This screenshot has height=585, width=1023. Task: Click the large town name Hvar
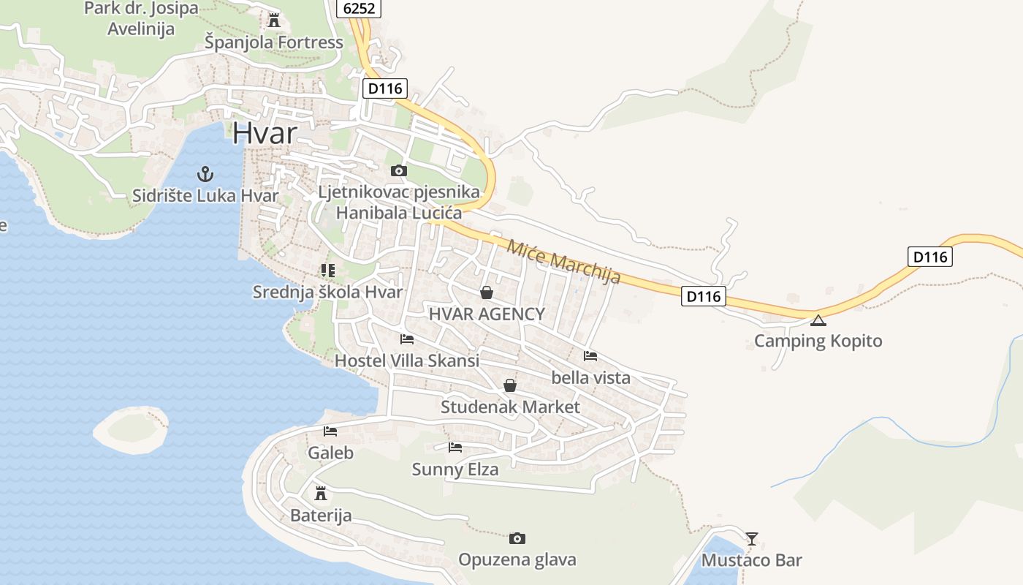pos(265,134)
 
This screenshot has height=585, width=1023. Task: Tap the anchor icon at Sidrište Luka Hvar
pos(205,174)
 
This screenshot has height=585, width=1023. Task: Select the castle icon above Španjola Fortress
pos(274,20)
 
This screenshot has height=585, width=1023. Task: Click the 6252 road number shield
pos(359,8)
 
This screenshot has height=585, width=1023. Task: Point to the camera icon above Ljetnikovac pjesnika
pos(398,170)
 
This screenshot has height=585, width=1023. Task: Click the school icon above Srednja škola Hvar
pos(327,271)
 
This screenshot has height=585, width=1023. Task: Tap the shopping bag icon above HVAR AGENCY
pos(486,292)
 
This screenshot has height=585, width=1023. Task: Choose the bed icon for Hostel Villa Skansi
pos(407,339)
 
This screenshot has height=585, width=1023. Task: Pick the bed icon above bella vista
pos(590,356)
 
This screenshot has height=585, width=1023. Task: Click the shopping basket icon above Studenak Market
pos(510,385)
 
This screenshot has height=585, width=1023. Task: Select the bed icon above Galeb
pos(330,431)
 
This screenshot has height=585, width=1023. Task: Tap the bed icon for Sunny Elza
pos(455,447)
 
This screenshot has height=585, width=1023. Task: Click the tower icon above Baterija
pos(320,493)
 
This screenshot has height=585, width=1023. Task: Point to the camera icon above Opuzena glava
pos(517,538)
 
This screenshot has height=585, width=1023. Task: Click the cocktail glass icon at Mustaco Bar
pos(751,539)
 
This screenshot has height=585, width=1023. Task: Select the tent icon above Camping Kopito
pos(818,320)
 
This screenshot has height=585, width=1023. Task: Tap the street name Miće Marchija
pos(563,261)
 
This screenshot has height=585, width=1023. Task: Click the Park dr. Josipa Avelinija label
pos(141,18)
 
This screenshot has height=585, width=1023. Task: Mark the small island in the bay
pos(131,430)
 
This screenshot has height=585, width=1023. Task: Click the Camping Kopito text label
pos(818,341)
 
